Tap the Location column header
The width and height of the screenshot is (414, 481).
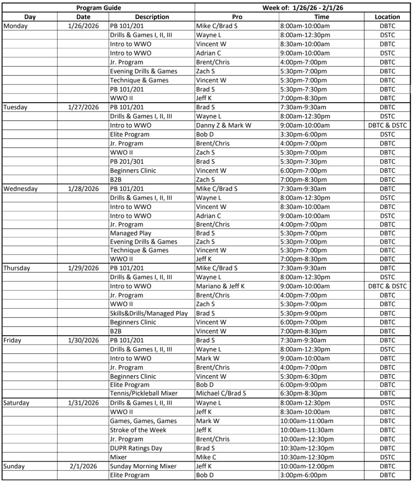pos(387,17)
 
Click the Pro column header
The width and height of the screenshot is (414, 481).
pos(237,17)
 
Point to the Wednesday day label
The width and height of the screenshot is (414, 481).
pos(20,189)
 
